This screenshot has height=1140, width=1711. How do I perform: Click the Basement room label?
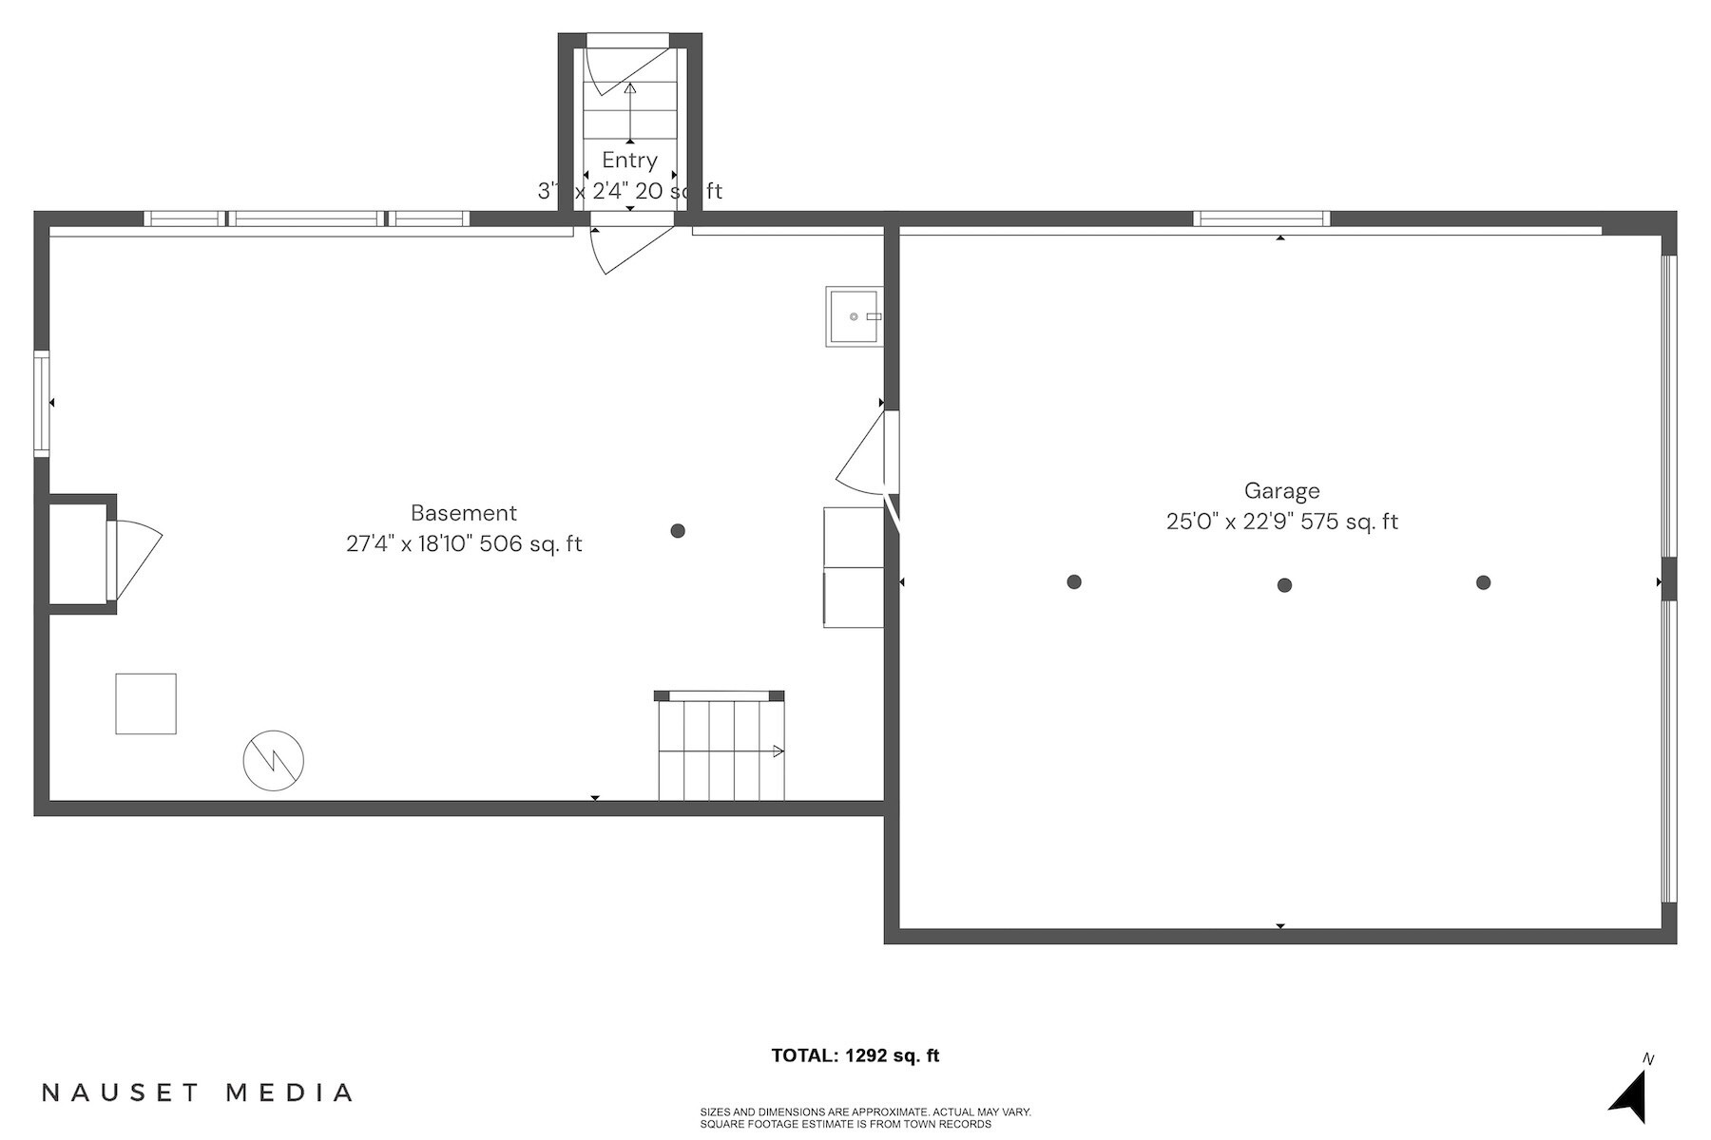click(x=464, y=513)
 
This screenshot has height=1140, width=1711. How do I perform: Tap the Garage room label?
click(x=1281, y=491)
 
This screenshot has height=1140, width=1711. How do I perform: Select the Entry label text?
click(x=629, y=160)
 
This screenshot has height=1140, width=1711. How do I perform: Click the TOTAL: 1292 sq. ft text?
click(x=855, y=1055)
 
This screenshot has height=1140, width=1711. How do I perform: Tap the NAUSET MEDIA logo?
click(x=198, y=1092)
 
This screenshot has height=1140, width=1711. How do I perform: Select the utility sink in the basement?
click(x=853, y=316)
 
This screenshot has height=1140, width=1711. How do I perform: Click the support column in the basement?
click(x=678, y=531)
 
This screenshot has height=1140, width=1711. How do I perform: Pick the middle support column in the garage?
click(x=1284, y=585)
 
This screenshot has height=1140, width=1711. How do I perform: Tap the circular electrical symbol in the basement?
click(x=273, y=760)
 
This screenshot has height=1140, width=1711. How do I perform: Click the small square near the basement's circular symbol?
click(x=145, y=704)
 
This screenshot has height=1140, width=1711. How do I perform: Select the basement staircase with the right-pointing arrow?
click(x=721, y=749)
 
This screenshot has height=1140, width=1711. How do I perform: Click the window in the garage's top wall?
click(x=1260, y=218)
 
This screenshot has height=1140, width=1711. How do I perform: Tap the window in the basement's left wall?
click(x=42, y=404)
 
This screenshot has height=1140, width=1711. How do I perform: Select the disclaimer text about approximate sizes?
click(x=865, y=1118)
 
